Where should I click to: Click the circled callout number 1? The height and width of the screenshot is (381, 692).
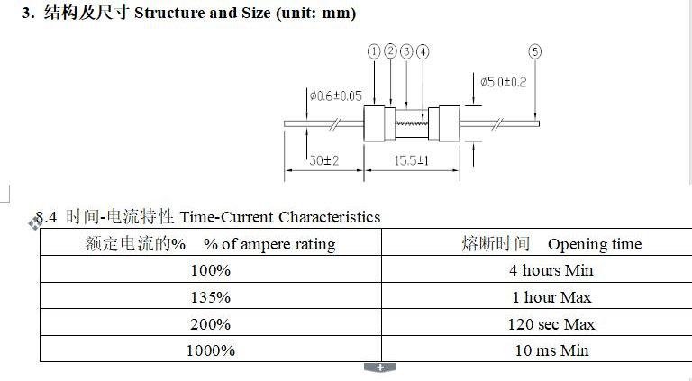click(x=374, y=52)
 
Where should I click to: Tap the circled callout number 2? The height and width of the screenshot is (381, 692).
click(x=390, y=52)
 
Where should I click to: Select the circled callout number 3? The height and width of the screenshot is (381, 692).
click(x=406, y=52)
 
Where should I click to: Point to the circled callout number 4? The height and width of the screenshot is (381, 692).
click(x=423, y=52)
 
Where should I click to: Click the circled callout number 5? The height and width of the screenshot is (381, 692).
click(x=535, y=52)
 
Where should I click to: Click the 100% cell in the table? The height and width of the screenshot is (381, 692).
click(x=211, y=270)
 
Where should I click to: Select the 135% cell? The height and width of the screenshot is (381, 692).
click(x=211, y=297)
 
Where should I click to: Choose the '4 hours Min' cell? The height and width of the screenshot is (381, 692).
click(x=551, y=270)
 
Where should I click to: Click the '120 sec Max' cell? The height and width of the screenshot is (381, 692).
click(x=551, y=324)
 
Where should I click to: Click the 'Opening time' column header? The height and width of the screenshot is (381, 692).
click(x=594, y=244)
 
